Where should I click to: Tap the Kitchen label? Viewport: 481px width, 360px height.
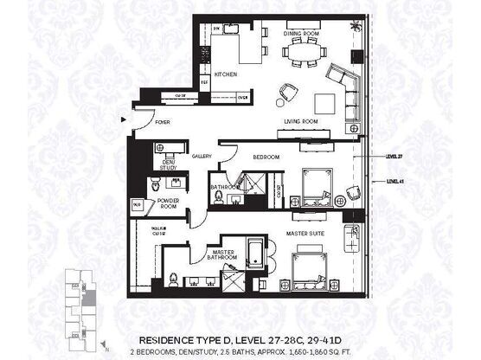(x=226, y=74)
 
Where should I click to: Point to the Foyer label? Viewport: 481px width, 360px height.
(x=164, y=123)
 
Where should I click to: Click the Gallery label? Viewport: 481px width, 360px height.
(x=202, y=156)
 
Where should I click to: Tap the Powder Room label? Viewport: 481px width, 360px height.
(x=168, y=203)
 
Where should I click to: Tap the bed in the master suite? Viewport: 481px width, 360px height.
(x=308, y=266)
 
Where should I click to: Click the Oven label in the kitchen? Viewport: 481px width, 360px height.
(x=243, y=98)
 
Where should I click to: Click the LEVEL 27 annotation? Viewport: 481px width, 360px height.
(x=394, y=157)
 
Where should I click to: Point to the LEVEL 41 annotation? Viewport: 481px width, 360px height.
(x=394, y=182)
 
